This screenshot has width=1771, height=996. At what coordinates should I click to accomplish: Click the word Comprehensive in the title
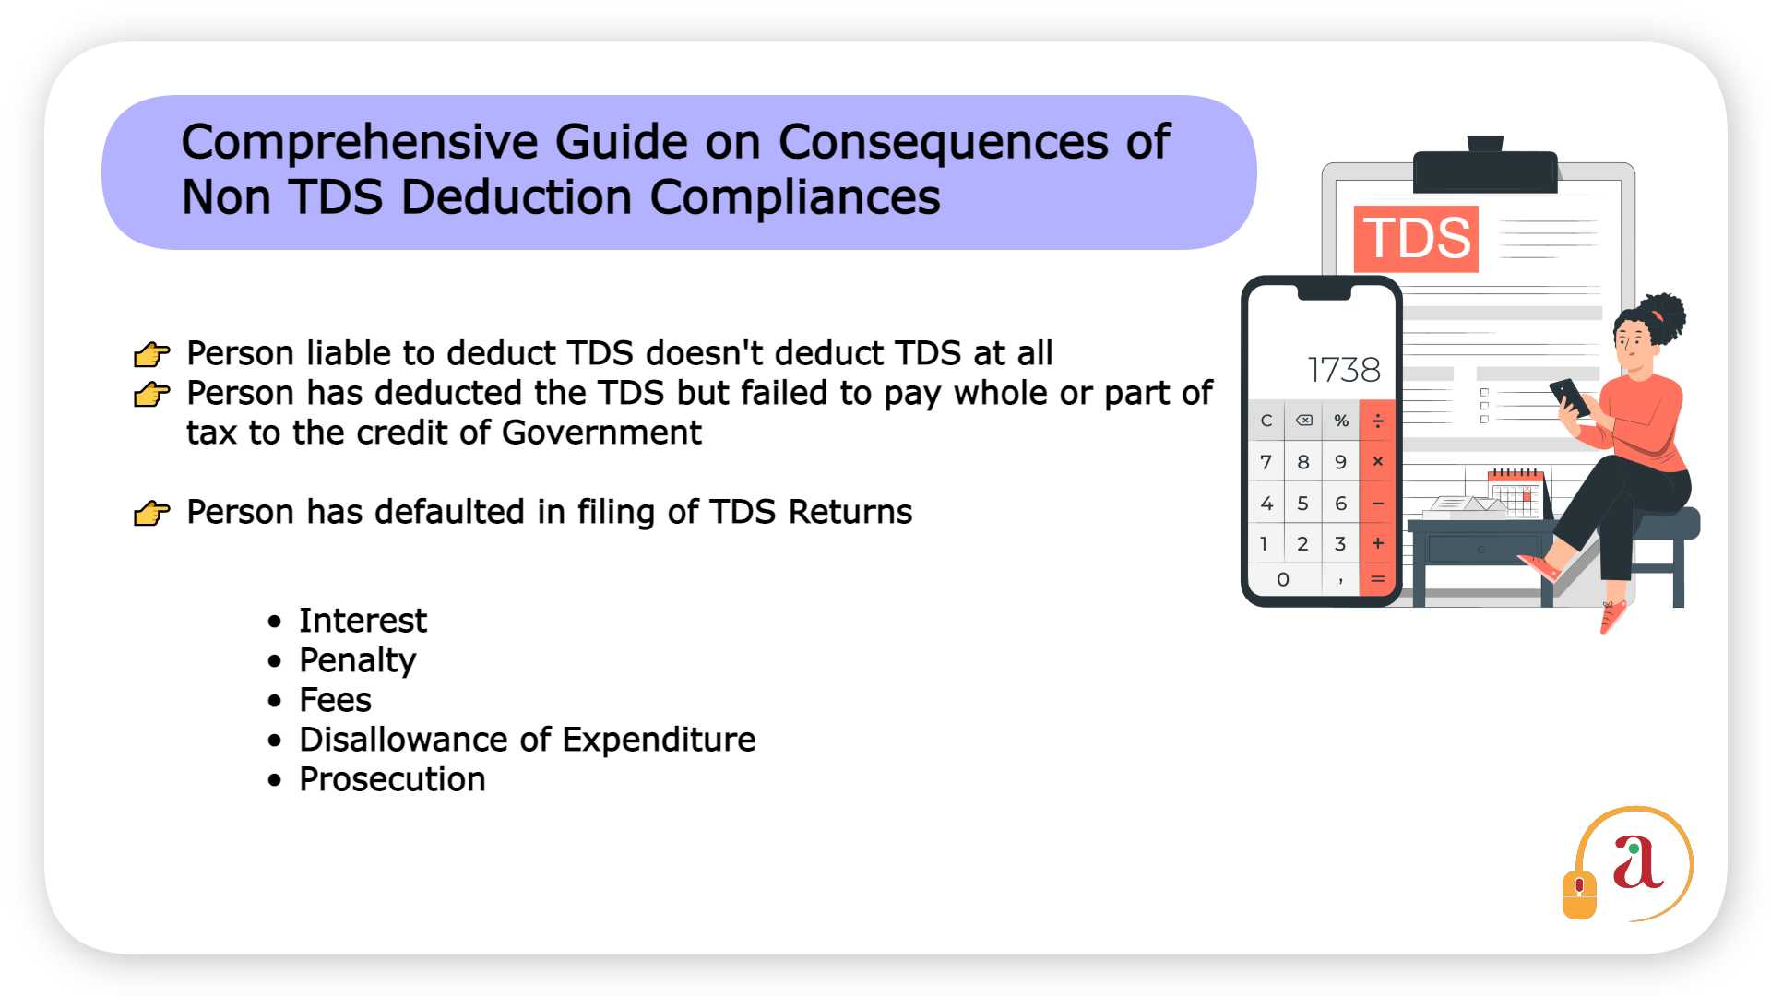click(360, 143)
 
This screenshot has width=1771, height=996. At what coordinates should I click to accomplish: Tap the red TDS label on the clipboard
click(1416, 239)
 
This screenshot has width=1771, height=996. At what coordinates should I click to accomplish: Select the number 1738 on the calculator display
click(1344, 371)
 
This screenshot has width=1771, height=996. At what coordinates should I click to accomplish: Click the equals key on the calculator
click(1377, 579)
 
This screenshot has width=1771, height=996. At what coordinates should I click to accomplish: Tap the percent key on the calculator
click(1341, 421)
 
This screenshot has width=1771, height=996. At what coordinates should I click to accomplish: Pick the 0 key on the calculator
click(1283, 579)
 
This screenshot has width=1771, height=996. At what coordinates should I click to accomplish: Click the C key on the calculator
click(1266, 421)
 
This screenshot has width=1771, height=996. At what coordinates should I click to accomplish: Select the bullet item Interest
click(363, 621)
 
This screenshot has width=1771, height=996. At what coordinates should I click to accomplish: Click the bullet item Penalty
click(358, 660)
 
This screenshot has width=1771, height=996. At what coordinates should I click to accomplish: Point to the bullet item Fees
click(335, 700)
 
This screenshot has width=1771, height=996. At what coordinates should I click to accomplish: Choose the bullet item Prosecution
click(392, 779)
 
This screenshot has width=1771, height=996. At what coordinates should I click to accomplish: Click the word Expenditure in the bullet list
click(659, 740)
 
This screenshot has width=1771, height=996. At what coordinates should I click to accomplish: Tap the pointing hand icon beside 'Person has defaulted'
click(152, 513)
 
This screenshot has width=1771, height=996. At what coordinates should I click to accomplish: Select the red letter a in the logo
click(1636, 863)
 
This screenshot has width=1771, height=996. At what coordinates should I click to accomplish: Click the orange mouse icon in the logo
click(1579, 893)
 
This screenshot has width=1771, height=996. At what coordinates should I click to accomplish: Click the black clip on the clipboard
click(1485, 169)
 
